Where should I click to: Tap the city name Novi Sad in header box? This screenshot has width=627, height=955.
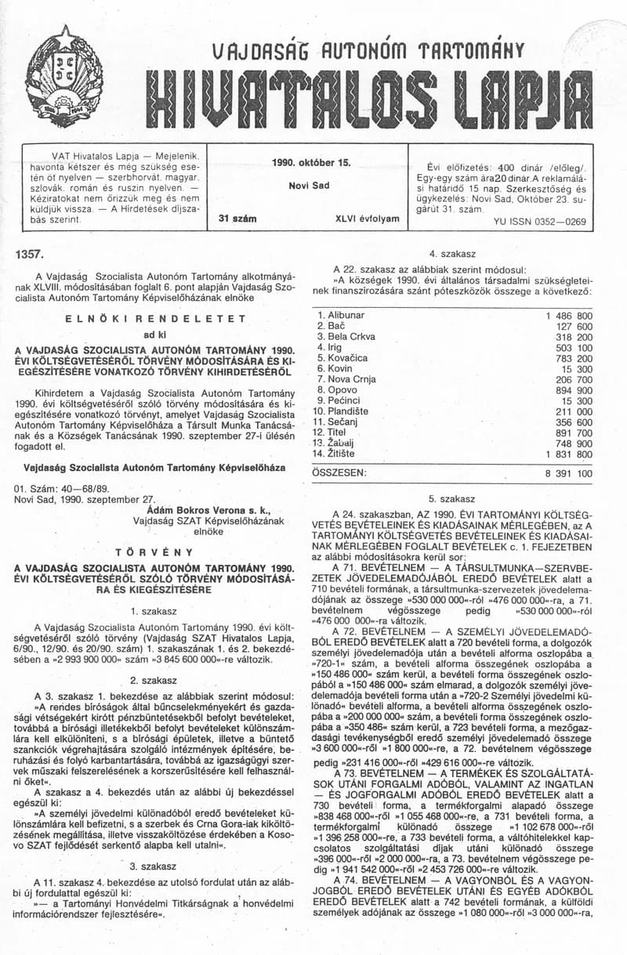[310, 186]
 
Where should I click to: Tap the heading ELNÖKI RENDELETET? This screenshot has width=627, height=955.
[156, 319]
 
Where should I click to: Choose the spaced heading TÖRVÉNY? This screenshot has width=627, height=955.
[154, 552]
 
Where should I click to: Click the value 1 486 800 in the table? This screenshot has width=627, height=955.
[568, 315]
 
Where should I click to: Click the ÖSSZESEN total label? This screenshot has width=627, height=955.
[339, 473]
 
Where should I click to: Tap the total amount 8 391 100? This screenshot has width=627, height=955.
[568, 473]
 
